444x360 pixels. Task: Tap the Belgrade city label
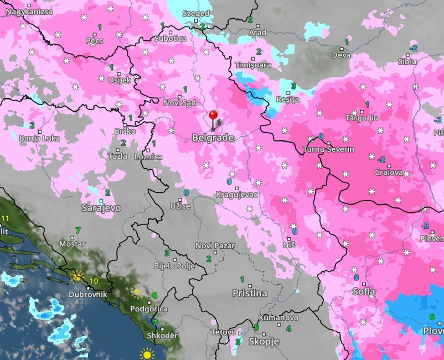(213, 138)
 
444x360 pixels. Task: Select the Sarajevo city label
(101, 208)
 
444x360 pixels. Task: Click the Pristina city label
(250, 294)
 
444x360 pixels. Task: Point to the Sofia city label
(364, 292)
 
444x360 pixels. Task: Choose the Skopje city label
(264, 342)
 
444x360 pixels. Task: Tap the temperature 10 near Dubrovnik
(94, 281)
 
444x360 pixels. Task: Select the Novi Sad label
(179, 103)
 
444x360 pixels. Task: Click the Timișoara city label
(253, 65)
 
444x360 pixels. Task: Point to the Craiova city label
(389, 172)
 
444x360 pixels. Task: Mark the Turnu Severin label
(329, 149)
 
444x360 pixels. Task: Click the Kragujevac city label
(237, 195)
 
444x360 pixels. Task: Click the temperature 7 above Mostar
(78, 230)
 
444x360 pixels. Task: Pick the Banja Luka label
(39, 138)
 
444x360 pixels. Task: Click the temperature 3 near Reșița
(294, 86)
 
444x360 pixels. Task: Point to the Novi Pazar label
(215, 246)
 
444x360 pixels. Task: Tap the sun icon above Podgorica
(137, 291)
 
